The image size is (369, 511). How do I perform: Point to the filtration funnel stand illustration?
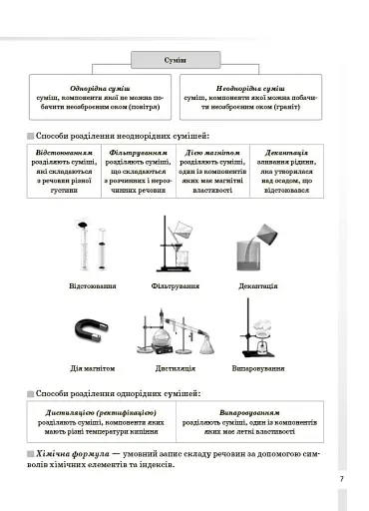tap(174, 246)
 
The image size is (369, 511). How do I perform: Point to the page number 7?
tap(341, 480)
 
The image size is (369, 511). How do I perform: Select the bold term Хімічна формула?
tap(67, 453)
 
